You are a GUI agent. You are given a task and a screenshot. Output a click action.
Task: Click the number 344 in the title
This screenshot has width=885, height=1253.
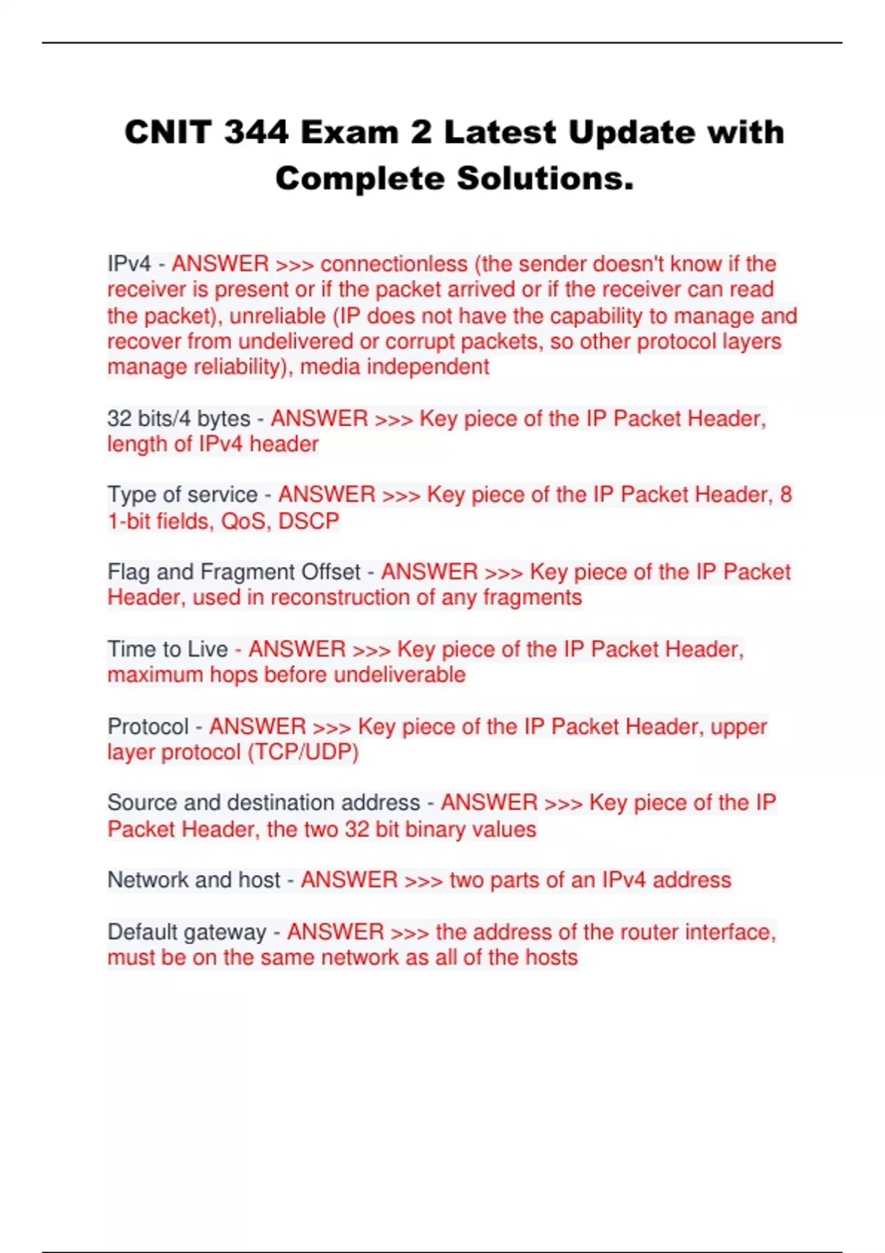256,133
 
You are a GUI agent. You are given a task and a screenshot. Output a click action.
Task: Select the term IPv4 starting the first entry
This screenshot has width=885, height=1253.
129,264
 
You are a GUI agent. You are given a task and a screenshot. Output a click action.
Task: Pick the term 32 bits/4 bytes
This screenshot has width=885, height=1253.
179,419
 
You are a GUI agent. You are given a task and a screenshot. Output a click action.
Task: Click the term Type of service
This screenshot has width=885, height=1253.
182,495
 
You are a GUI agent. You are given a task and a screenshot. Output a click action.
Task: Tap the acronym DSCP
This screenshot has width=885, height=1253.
308,521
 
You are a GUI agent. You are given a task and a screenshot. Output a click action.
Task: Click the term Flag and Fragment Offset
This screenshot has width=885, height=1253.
234,572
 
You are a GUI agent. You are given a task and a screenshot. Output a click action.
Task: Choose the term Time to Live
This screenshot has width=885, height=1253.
167,649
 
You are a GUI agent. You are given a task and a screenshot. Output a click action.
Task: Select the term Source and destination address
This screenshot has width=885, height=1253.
263,803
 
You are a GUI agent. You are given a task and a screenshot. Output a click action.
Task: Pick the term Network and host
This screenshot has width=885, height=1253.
194,880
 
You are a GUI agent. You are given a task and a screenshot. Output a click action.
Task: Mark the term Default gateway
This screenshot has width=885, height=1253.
187,932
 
